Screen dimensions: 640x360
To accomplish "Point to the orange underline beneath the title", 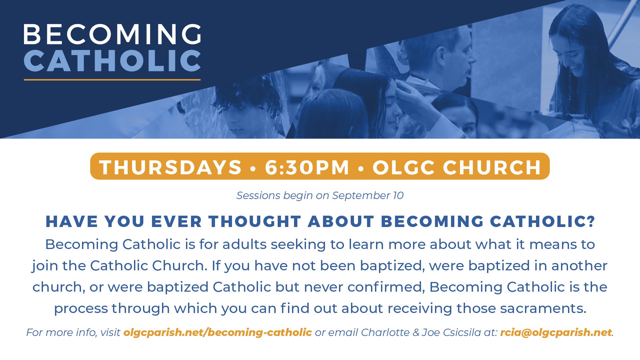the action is click(x=112, y=80).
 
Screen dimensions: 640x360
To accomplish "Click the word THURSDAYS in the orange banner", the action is click(x=170, y=167).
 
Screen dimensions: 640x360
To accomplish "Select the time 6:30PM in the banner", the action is click(x=307, y=167).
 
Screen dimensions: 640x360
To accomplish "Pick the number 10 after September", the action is click(x=398, y=195).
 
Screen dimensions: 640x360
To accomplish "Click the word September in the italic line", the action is click(x=361, y=196).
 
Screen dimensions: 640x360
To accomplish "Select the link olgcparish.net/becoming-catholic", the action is click(x=218, y=332).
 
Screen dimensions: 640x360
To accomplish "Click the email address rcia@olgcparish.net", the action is click(x=556, y=332).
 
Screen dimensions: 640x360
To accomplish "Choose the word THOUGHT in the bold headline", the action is click(x=255, y=222).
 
